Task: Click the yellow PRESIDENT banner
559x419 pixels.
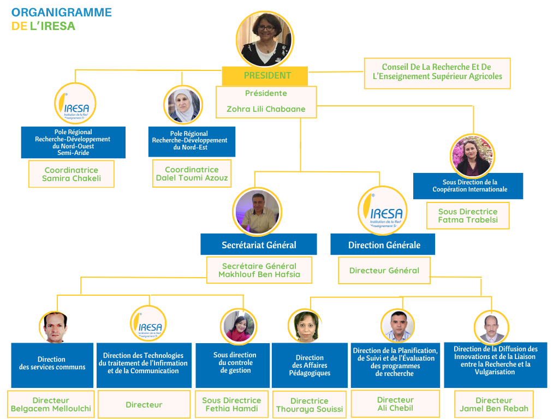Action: pos(265,75)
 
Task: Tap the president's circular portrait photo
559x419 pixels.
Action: pos(265,39)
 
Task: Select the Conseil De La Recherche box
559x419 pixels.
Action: pos(437,74)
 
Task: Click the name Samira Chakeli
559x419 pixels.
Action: pos(72,178)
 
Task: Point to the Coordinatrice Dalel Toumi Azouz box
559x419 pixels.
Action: pos(192,173)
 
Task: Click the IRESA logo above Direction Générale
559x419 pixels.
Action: pos(383,211)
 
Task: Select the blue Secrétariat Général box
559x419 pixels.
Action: pos(259,244)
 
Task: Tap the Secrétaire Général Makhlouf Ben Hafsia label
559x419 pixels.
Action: pos(259,270)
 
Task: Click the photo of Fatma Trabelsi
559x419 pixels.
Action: pos(472,155)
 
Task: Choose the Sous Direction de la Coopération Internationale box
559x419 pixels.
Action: pos(468,186)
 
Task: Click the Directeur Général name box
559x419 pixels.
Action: pos(384,271)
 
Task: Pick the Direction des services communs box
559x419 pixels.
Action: pos(52,365)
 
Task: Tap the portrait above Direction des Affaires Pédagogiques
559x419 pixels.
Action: pos(306,326)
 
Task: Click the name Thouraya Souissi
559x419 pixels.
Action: pos(310,409)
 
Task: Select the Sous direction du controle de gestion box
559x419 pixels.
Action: pos(233,365)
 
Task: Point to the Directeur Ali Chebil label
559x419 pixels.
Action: pos(395,404)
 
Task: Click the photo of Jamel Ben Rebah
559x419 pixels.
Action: pos(492,327)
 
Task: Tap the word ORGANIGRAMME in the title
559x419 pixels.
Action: pos(62,13)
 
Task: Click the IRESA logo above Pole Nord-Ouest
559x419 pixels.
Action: pos(75,104)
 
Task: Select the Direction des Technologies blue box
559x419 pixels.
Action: pos(144,365)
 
